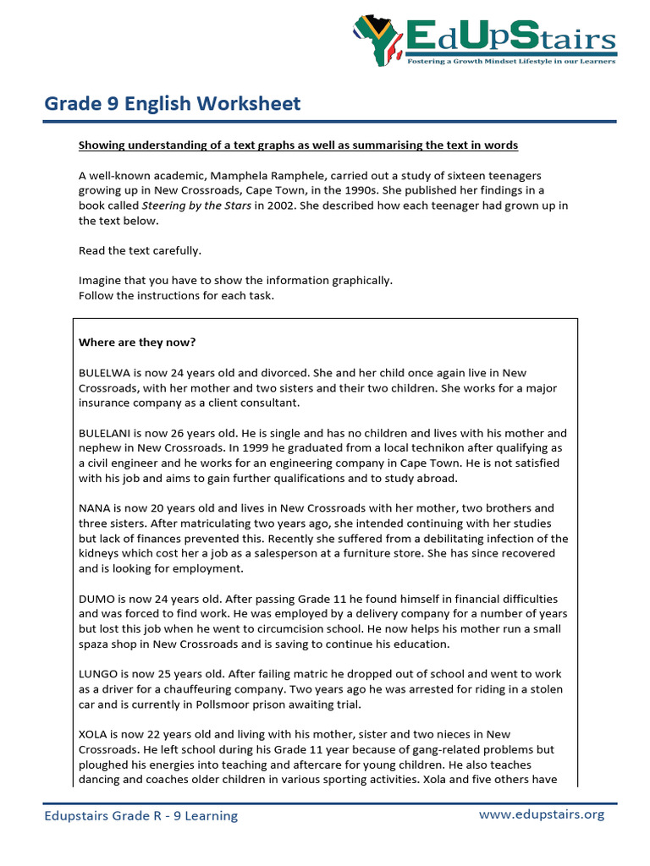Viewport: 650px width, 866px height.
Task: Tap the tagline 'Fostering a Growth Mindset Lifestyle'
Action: coord(511,62)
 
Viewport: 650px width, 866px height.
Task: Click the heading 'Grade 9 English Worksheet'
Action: coord(172,104)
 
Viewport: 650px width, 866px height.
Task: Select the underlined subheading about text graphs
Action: coord(298,145)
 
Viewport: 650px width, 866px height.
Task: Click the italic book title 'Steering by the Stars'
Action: coord(196,206)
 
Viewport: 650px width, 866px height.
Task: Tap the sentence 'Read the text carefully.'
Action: coord(140,250)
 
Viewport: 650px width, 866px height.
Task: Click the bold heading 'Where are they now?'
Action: coord(137,343)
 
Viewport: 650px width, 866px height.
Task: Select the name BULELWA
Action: coord(106,373)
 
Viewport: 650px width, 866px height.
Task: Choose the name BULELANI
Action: coord(108,434)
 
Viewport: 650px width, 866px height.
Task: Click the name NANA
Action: coord(95,508)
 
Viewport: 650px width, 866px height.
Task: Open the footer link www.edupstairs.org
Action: coord(542,814)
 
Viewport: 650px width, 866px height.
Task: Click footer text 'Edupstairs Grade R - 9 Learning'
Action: coord(141,815)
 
